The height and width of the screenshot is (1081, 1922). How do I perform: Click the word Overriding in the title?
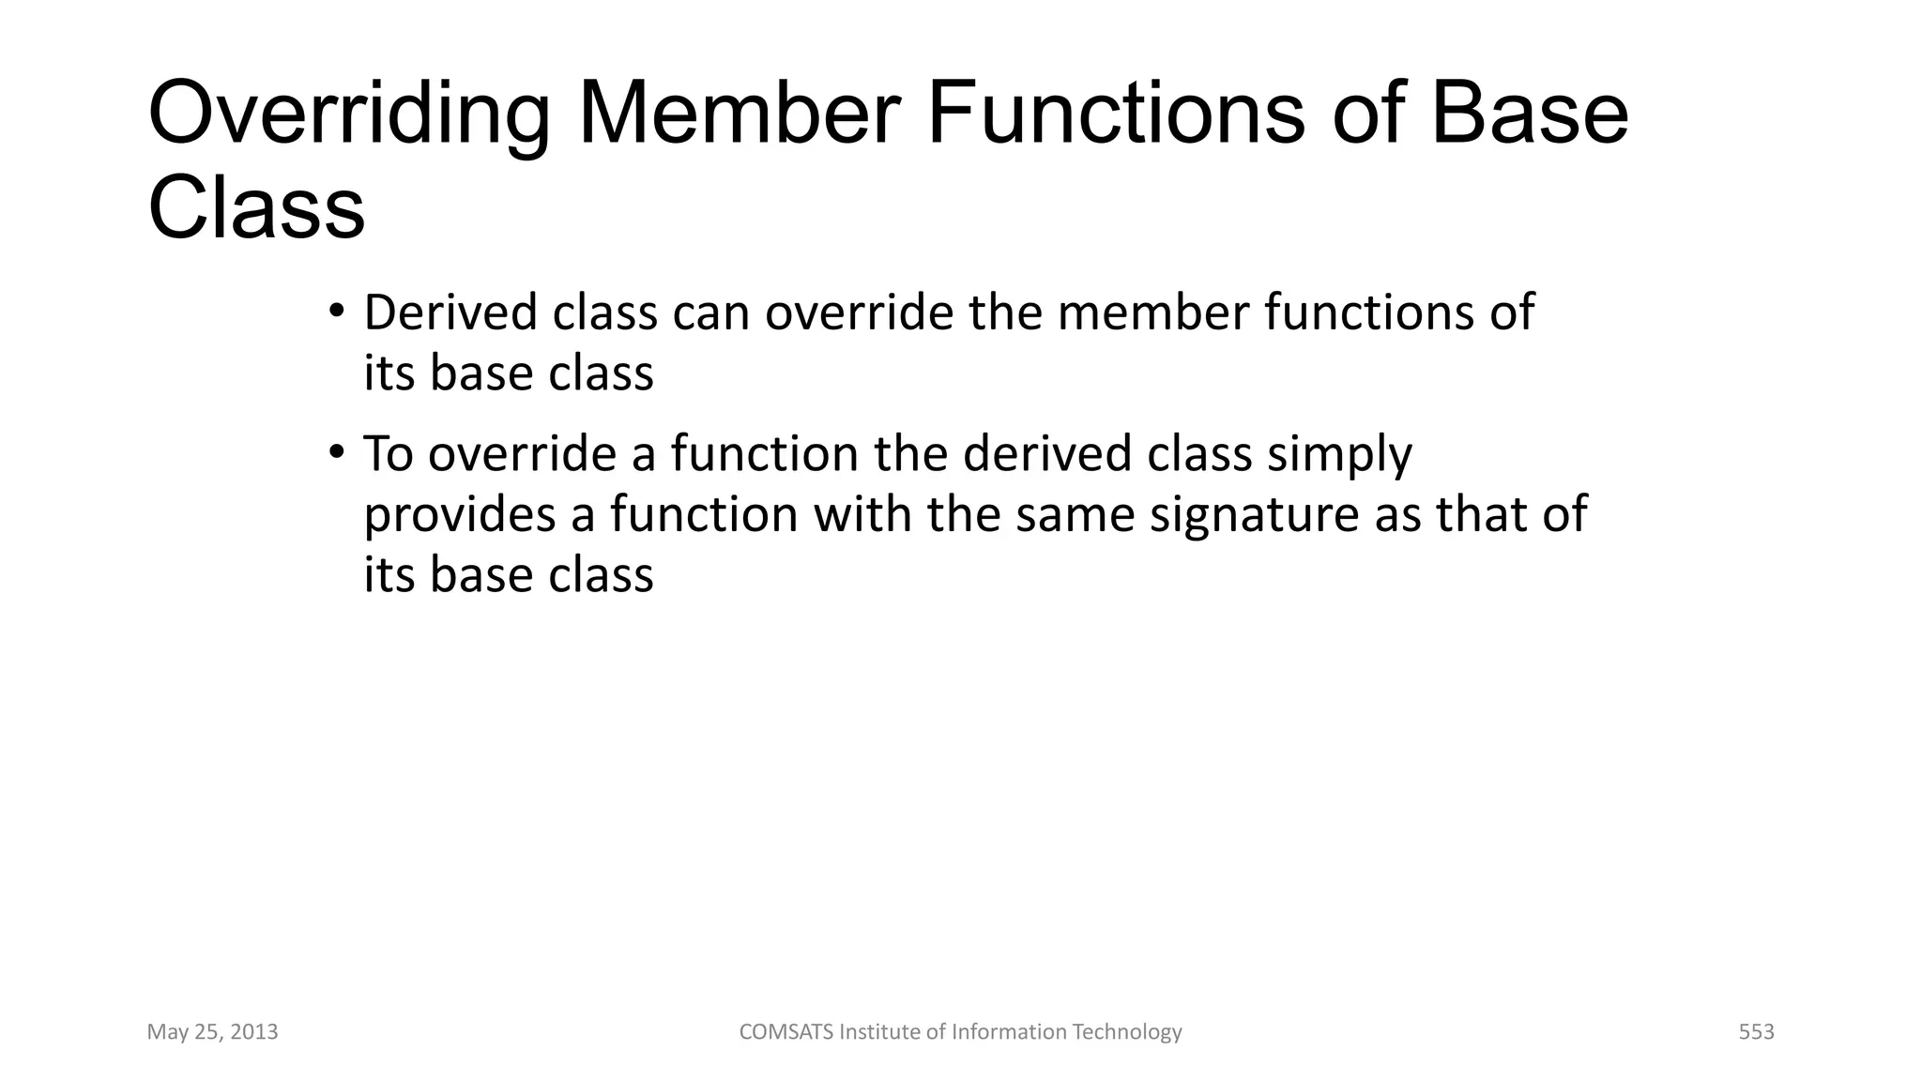(348, 115)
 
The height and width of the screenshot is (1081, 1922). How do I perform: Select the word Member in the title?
(739, 114)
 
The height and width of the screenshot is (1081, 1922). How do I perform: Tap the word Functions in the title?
(1115, 114)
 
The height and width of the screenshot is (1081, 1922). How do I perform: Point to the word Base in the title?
(1529, 114)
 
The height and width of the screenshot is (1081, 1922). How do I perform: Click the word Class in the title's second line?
(256, 208)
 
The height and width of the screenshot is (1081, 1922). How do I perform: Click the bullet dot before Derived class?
(337, 311)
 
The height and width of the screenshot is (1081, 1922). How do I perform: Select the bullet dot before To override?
(337, 452)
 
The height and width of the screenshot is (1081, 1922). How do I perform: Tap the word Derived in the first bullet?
(450, 312)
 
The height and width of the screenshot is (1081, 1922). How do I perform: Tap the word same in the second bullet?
(1075, 515)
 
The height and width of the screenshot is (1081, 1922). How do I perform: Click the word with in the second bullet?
(862, 514)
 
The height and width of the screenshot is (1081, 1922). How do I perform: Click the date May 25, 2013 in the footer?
(212, 1032)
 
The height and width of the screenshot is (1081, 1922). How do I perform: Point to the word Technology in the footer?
(1126, 1032)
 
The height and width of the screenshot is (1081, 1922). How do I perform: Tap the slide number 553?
(1756, 1032)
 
